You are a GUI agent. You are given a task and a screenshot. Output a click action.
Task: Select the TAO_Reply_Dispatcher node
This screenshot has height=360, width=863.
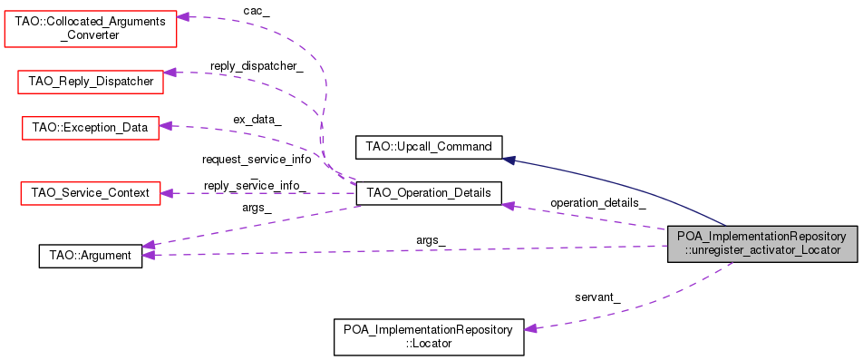91,82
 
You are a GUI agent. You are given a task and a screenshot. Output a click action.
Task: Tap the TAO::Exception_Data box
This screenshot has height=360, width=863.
90,127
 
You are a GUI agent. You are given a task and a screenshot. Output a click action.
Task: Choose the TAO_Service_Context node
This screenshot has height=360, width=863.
90,192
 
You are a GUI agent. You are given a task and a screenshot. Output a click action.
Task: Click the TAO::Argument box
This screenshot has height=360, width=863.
90,256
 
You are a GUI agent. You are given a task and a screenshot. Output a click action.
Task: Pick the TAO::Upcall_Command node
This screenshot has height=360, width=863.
428,146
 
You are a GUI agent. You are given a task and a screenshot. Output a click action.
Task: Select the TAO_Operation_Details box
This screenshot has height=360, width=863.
428,192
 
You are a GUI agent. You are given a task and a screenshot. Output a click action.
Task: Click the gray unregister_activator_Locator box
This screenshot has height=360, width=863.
761,244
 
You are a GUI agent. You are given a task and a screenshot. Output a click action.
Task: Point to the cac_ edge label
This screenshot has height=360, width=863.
257,10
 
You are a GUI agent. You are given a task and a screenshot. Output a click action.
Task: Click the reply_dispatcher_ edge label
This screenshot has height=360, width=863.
257,66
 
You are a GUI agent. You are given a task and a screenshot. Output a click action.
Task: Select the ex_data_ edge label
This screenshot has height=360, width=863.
257,119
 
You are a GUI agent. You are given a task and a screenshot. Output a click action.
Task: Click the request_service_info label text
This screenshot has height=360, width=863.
257,159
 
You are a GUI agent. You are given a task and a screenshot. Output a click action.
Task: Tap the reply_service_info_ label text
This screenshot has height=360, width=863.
257,185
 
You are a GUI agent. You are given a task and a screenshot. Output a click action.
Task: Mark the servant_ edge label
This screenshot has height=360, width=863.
597,297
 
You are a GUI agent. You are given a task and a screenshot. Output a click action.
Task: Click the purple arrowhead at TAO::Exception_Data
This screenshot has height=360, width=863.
166,127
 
